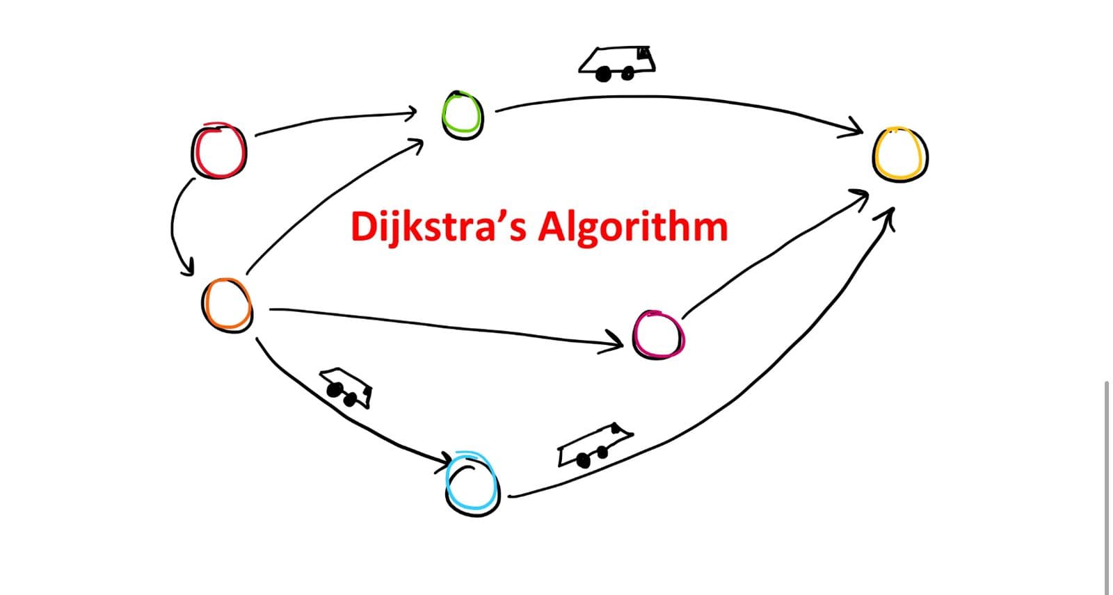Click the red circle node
[x=219, y=150]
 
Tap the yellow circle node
[x=900, y=154]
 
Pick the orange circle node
[x=227, y=304]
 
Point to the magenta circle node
[x=658, y=334]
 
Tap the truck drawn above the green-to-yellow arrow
[x=617, y=62]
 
